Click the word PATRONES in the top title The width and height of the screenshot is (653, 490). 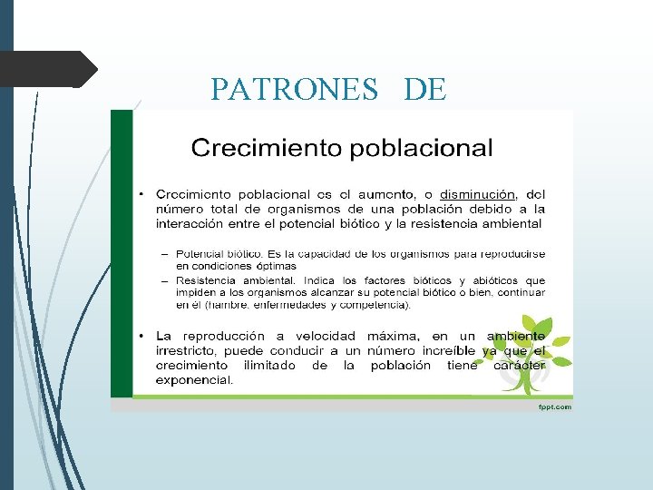pyautogui.click(x=295, y=88)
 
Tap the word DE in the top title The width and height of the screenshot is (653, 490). pyautogui.click(x=424, y=88)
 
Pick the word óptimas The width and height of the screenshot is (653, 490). pyautogui.click(x=270, y=266)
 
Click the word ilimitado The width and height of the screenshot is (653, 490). pyautogui.click(x=268, y=366)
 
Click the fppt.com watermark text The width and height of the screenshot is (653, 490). pyautogui.click(x=554, y=407)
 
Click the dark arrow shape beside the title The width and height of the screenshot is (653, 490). pyautogui.click(x=50, y=69)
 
